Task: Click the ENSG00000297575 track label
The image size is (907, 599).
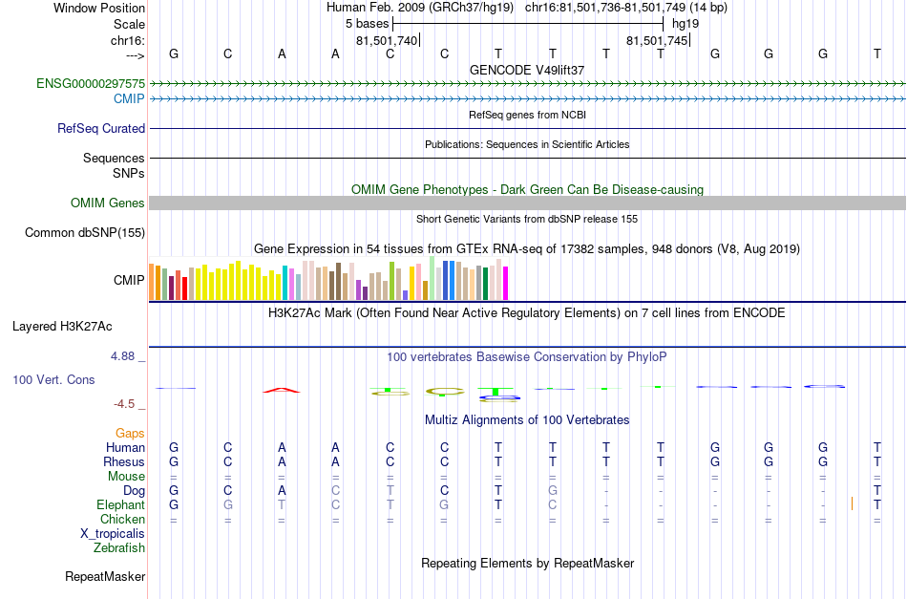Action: (91, 83)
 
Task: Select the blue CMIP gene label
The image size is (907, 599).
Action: (129, 99)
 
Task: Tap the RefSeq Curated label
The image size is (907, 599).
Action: (101, 128)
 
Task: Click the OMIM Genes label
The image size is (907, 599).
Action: (108, 203)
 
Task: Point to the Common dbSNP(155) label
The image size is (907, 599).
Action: (85, 233)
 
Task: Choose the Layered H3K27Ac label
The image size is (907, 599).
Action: (62, 327)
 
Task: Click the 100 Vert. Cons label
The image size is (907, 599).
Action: (53, 379)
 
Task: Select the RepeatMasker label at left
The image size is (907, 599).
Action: (105, 576)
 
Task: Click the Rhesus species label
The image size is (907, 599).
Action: (124, 461)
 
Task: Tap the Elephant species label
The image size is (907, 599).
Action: (121, 505)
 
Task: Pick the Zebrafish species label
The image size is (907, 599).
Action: (119, 547)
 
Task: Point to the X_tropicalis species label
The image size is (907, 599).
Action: (113, 534)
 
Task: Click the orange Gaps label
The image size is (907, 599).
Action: (130, 434)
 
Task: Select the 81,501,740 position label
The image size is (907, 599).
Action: (387, 40)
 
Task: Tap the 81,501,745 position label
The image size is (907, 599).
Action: (657, 40)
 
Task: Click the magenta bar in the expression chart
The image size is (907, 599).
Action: (506, 283)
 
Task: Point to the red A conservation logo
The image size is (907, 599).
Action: (282, 390)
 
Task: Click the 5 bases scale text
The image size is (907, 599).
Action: (368, 24)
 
